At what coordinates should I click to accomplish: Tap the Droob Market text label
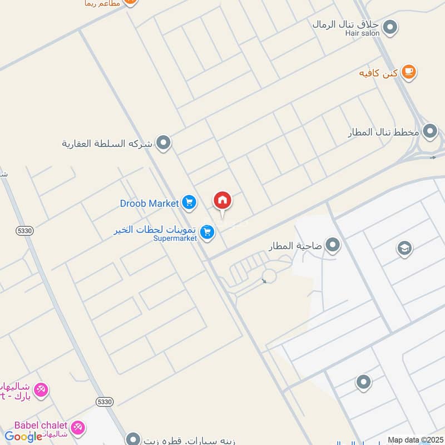coord(149,204)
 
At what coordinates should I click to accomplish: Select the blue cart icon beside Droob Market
coord(189,203)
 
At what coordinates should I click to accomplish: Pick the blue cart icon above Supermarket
coord(207,233)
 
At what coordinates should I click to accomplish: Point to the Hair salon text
coord(362,33)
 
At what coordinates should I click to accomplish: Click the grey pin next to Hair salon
coord(390,26)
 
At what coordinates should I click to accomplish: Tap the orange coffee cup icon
coord(409,72)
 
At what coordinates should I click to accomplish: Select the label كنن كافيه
coord(379,73)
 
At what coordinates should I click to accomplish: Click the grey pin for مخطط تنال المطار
coord(430,132)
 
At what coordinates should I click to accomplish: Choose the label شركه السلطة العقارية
coord(107,144)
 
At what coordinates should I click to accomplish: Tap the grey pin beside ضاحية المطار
coord(333,245)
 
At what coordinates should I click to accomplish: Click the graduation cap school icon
coord(404,249)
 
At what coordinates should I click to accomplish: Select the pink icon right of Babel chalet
coord(78,427)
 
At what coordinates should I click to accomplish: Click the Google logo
coord(23,437)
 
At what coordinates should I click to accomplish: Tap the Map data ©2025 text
coord(416,440)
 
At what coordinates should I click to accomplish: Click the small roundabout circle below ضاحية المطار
coord(269,276)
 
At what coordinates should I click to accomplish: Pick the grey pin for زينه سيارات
coord(132,438)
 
